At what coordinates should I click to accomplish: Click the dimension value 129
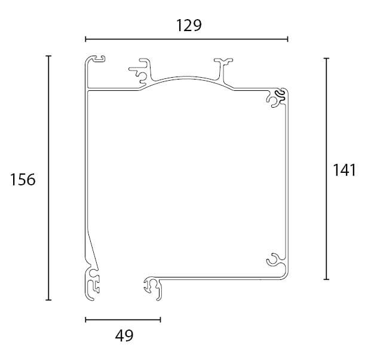click(x=189, y=26)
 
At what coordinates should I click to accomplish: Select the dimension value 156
click(x=23, y=179)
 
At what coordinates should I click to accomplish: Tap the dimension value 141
click(x=344, y=170)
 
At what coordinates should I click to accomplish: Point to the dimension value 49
click(x=124, y=335)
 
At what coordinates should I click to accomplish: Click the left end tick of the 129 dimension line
click(x=85, y=39)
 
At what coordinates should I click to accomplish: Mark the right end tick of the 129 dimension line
click(x=288, y=39)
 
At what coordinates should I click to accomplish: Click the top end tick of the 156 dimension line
click(x=48, y=56)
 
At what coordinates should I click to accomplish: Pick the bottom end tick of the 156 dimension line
click(x=48, y=300)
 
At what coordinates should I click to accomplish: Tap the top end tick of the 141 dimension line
click(x=327, y=58)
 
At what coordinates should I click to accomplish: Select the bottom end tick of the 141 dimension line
click(x=327, y=279)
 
